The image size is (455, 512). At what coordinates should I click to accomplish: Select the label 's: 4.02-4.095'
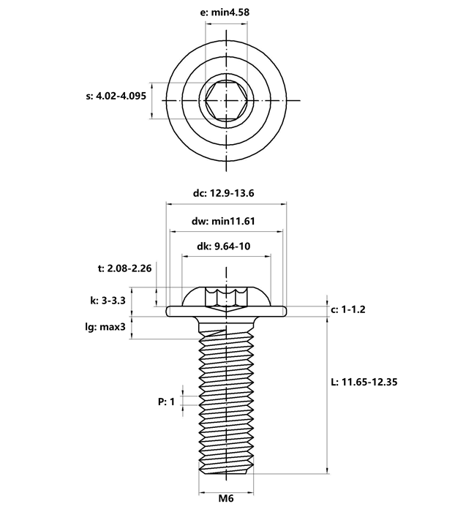click(x=116, y=96)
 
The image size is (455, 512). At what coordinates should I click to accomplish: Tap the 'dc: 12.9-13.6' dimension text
click(x=223, y=193)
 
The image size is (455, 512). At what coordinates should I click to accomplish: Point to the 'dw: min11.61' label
click(x=223, y=221)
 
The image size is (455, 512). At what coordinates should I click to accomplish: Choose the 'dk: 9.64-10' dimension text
click(x=224, y=246)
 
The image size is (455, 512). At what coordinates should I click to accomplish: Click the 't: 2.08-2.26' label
click(x=125, y=268)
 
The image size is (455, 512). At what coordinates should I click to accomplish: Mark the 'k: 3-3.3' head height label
click(x=108, y=301)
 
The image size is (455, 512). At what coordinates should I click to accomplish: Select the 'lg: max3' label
click(x=105, y=326)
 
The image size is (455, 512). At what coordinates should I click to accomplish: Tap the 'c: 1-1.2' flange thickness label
click(x=348, y=309)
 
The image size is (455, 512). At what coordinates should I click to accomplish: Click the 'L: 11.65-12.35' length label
click(x=364, y=382)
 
